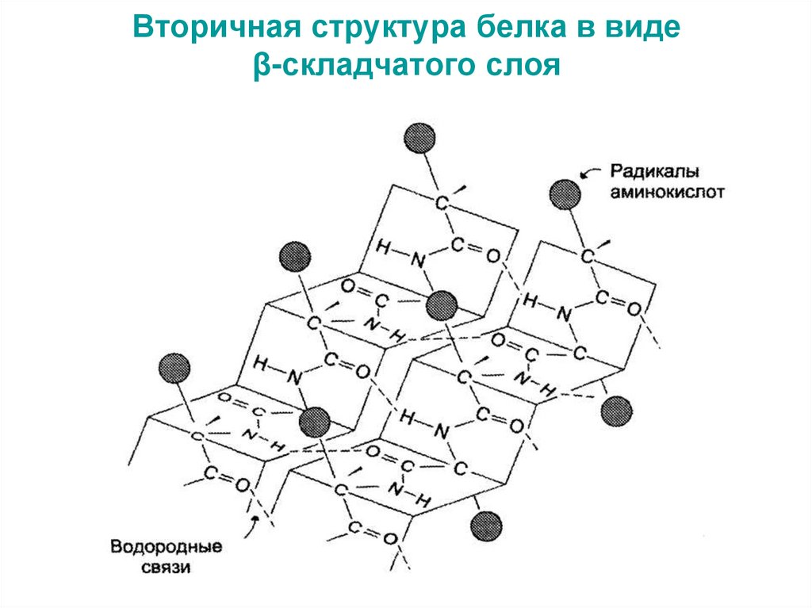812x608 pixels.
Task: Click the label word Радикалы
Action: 644,171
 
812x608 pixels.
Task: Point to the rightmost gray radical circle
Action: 616,411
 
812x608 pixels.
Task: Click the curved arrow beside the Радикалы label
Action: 588,170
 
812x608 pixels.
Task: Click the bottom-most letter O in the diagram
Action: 389,539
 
